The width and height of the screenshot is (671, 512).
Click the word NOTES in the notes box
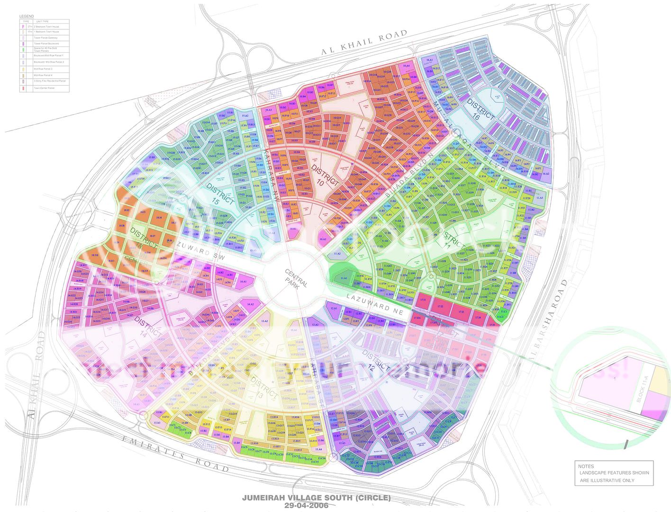click(586, 466)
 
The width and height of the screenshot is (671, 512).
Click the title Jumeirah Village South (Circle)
click(316, 498)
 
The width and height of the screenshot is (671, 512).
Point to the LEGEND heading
click(27, 17)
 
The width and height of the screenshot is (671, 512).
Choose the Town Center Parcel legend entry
click(45, 88)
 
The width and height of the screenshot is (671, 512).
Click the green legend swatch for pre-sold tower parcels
click(23, 49)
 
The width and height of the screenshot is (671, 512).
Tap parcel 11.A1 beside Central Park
click(343, 279)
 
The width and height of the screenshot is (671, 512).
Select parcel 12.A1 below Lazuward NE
click(335, 309)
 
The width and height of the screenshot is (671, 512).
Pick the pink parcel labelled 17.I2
click(441, 307)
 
